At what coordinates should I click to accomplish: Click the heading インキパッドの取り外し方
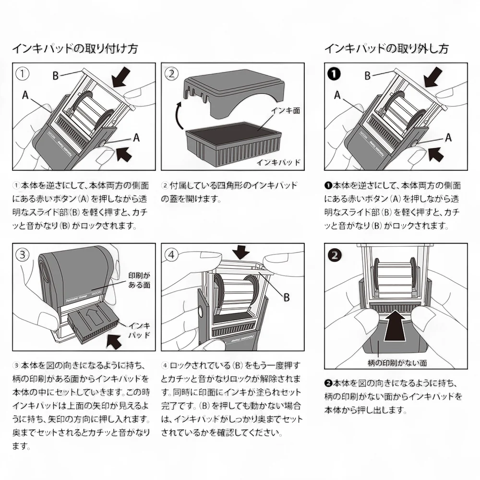pos(386,49)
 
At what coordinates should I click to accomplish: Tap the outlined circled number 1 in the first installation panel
pos(23,74)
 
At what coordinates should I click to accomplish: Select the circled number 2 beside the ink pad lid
pos(172,74)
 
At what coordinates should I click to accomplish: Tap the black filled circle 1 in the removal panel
pos(335,74)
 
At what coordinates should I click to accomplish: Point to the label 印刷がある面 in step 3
pos(139,280)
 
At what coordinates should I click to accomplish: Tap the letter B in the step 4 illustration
pos(287,298)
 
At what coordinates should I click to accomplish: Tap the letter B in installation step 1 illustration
pos(56,75)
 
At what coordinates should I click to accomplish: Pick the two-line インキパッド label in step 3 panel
pos(140,330)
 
